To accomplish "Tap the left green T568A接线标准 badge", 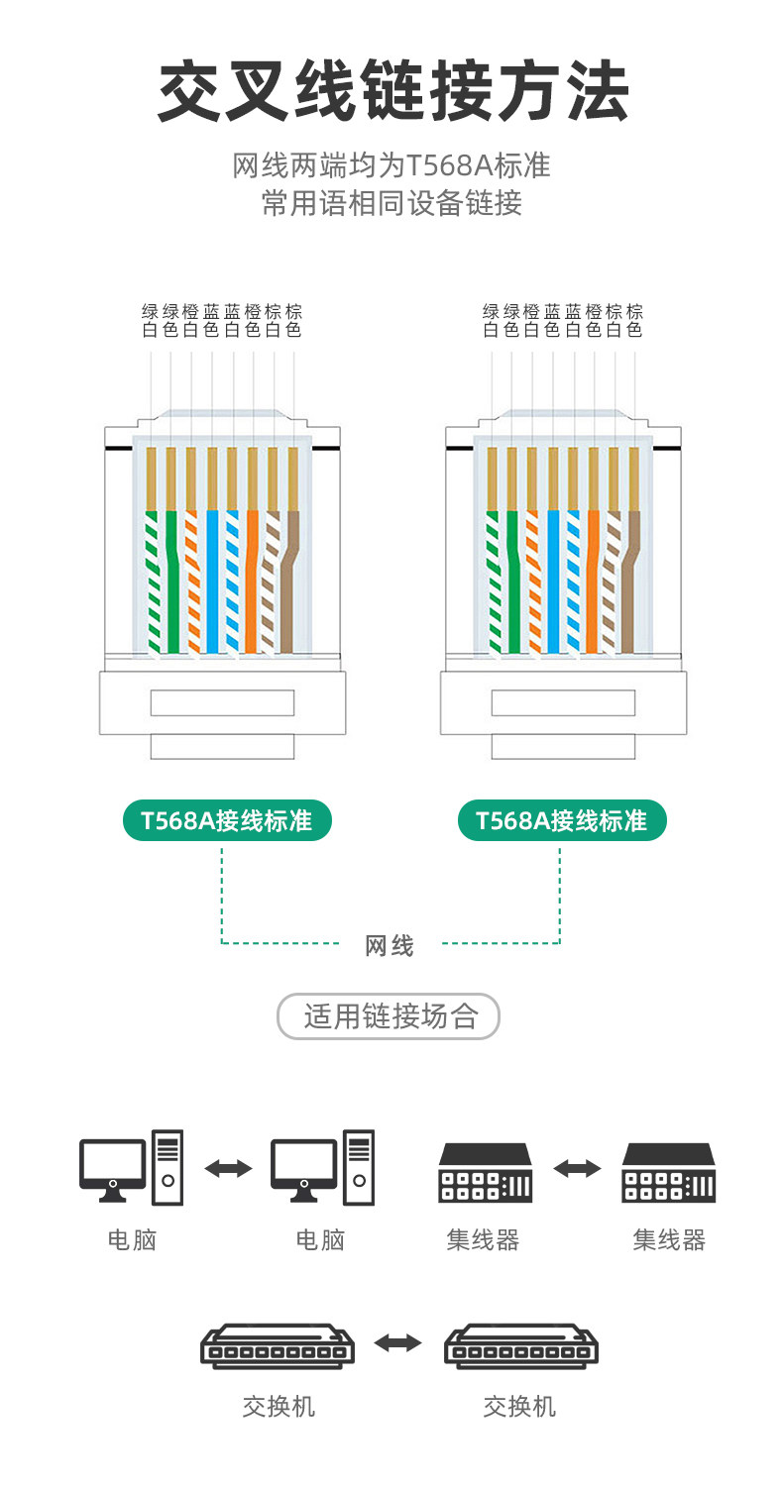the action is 227,820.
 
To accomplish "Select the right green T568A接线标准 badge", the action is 562,820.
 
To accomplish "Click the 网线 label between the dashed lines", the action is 390,946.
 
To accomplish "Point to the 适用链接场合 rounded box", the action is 389,1016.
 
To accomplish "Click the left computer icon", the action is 132,1168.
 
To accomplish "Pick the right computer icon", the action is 322,1168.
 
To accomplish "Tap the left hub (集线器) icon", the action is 485,1173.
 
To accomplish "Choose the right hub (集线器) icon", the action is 668,1173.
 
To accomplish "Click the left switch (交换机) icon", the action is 278,1346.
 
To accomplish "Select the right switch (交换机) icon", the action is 520,1346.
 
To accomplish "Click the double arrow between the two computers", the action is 228,1169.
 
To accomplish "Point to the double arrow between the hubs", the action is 577,1169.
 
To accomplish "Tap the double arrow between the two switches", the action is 397,1343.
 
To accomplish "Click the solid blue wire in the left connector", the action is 212,585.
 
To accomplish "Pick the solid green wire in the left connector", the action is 172,585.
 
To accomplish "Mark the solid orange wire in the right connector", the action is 593,585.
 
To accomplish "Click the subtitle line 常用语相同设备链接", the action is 391,203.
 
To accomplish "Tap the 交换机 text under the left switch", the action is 279,1406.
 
